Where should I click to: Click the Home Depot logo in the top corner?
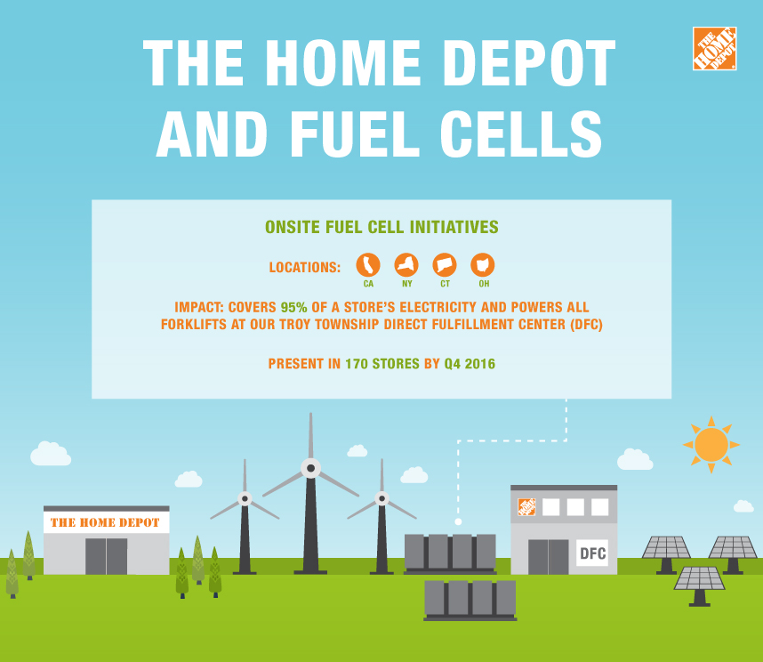pyautogui.click(x=714, y=49)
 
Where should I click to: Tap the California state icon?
pyautogui.click(x=368, y=265)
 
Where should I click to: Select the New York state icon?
pyautogui.click(x=406, y=265)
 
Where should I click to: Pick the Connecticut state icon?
pyautogui.click(x=445, y=265)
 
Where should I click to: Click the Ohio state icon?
pyautogui.click(x=483, y=265)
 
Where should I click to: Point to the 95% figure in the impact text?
pyautogui.click(x=294, y=307)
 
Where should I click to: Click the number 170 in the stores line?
pyautogui.click(x=357, y=364)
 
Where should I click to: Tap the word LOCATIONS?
pyautogui.click(x=305, y=267)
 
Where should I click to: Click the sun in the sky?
pyautogui.click(x=711, y=444)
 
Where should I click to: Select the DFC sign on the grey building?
pyautogui.click(x=592, y=553)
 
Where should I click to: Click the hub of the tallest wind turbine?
pyautogui.click(x=310, y=468)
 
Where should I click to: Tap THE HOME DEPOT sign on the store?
pyautogui.click(x=105, y=522)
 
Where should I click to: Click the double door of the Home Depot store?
pyautogui.click(x=107, y=556)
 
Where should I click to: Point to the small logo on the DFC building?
pyautogui.click(x=526, y=506)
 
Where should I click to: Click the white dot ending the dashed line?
pyautogui.click(x=458, y=521)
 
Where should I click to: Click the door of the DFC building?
pyautogui.click(x=549, y=557)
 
